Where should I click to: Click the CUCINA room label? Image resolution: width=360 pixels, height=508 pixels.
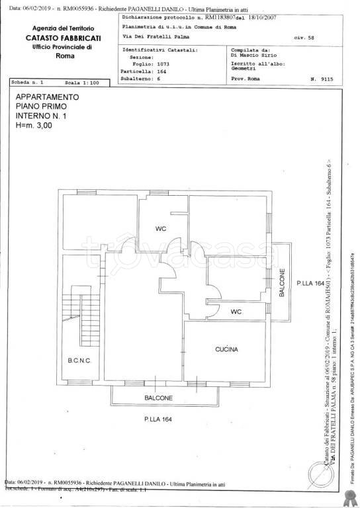(226, 349)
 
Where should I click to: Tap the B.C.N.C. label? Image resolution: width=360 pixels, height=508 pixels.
(78, 360)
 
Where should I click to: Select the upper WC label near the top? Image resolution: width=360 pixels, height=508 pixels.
(160, 229)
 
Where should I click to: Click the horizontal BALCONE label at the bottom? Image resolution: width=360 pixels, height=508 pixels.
(159, 398)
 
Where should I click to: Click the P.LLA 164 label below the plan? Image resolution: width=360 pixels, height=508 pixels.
(158, 419)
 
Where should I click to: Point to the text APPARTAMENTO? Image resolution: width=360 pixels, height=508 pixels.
(47, 97)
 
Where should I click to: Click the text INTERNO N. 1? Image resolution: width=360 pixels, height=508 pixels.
(42, 115)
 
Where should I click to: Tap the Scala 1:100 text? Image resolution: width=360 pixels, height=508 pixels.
(82, 83)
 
